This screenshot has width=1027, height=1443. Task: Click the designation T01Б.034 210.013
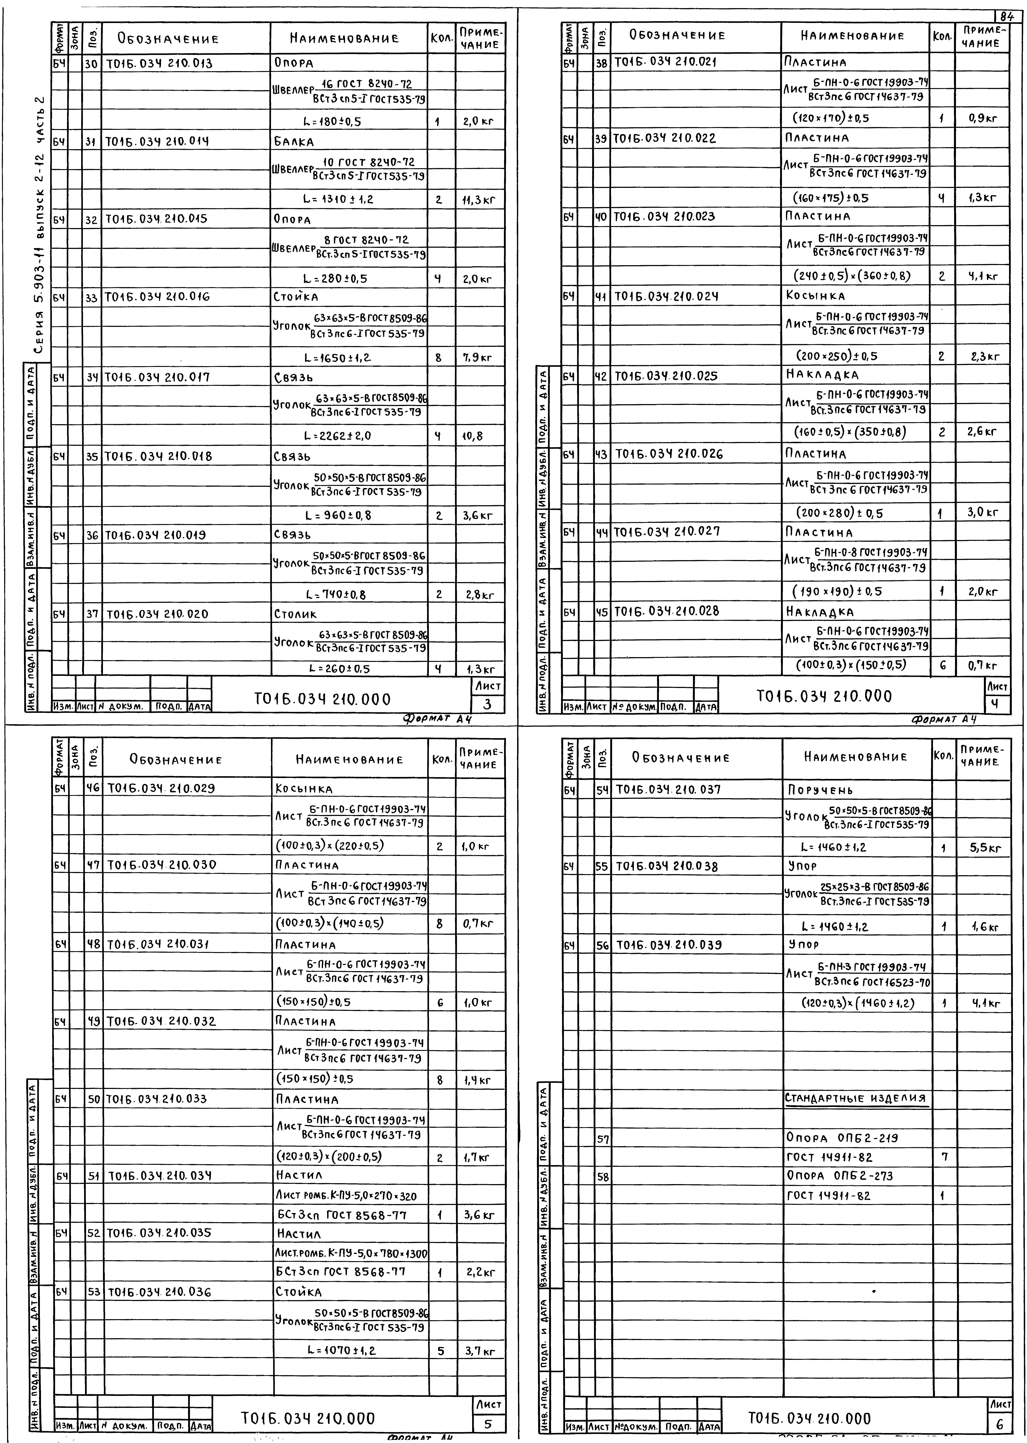click(159, 63)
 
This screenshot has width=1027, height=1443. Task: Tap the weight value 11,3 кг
click(479, 200)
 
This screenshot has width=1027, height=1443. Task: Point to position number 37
click(92, 614)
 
